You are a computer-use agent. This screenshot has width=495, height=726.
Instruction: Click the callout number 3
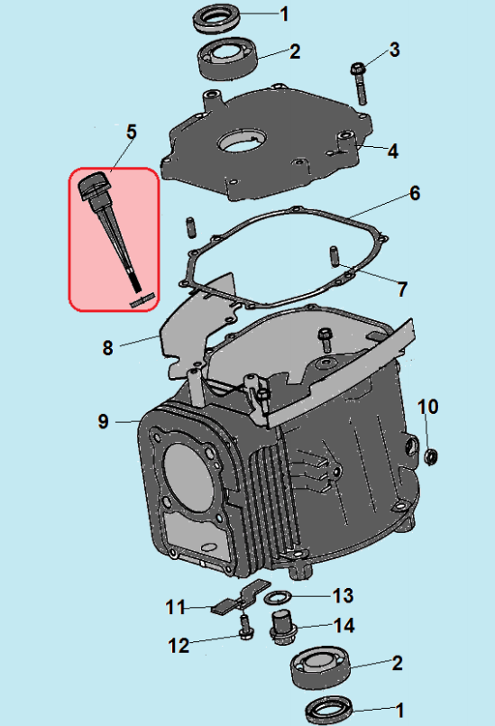(394, 50)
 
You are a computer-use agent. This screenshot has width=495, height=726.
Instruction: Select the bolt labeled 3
(359, 80)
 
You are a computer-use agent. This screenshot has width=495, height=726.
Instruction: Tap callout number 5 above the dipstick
(131, 132)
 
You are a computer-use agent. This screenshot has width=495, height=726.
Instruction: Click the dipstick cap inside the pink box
(93, 188)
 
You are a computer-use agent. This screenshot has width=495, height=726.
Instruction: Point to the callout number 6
(414, 193)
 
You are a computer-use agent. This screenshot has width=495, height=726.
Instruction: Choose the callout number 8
(107, 347)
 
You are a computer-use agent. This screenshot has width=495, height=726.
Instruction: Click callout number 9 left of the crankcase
(103, 421)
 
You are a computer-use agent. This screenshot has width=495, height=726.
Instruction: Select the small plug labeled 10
(431, 456)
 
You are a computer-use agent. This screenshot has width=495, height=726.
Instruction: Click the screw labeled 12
(243, 627)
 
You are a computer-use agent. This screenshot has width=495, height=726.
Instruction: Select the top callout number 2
(294, 51)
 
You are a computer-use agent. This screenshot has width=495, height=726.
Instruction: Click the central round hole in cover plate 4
(243, 142)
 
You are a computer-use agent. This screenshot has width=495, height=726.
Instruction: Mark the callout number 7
(402, 289)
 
